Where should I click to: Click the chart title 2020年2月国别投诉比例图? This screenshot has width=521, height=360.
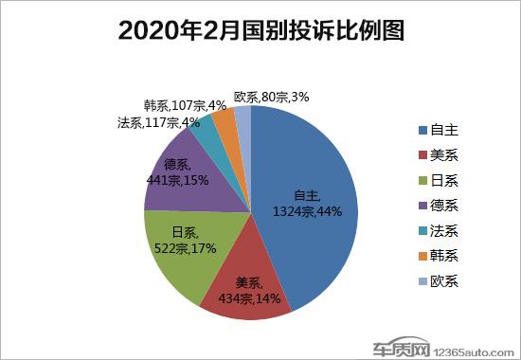[x=260, y=30]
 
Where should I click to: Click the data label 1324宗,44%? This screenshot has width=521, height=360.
[x=306, y=211]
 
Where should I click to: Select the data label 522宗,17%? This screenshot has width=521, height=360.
[x=185, y=248]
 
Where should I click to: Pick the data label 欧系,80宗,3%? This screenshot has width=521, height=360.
[x=272, y=95]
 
